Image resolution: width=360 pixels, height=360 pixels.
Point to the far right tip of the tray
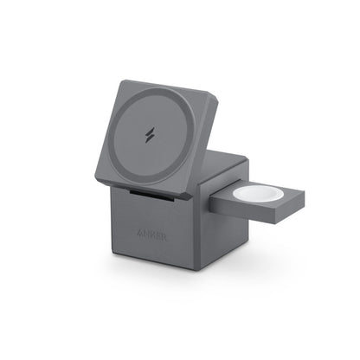coord(305,197)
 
